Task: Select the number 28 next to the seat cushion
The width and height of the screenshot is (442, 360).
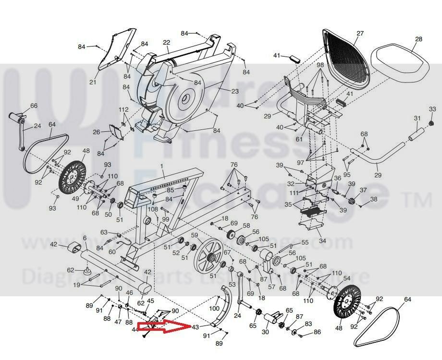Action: coord(418,39)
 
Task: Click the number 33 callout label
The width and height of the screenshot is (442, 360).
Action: coord(432,109)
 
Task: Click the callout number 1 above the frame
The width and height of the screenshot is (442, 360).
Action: coord(162,166)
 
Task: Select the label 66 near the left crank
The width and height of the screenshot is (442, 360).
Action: coord(34,106)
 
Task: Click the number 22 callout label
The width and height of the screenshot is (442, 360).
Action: coord(167,42)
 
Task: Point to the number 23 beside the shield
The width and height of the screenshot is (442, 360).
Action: coord(235,90)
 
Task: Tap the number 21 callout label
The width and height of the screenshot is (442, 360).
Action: coord(93,82)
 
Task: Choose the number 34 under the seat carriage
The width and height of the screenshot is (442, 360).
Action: coord(322,241)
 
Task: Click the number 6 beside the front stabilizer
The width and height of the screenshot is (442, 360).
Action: coord(85,238)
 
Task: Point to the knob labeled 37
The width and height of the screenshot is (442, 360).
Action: coord(352,200)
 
